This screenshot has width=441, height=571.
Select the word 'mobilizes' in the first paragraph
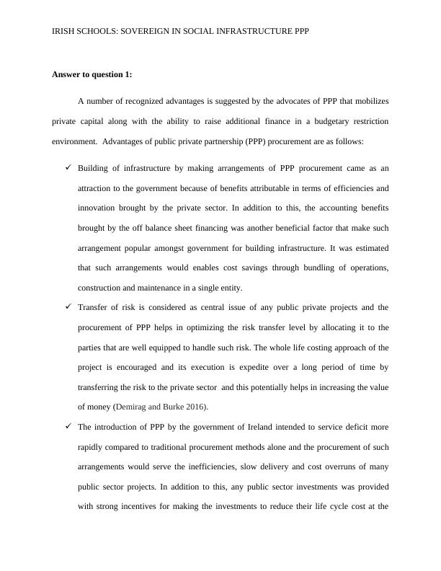(x=370, y=100)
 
